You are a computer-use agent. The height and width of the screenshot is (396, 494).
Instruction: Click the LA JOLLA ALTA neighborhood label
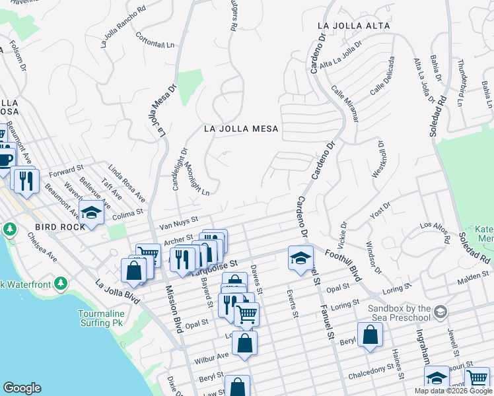pos(353,26)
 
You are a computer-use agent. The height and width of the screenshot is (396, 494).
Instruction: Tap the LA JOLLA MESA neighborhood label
pos(241,129)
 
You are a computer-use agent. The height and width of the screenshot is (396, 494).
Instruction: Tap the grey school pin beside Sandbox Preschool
pos(441,311)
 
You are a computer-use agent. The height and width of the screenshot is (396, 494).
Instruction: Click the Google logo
pos(22,388)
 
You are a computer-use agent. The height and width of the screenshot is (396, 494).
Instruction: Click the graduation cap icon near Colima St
pos(91,213)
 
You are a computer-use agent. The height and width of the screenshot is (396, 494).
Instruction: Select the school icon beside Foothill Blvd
pos(300,257)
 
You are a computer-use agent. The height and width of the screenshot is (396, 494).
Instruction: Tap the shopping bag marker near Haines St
pos(370,333)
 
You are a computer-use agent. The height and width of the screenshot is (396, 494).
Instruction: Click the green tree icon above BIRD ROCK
pos(9,230)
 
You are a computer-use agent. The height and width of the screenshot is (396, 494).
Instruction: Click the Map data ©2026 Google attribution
pos(452,391)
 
